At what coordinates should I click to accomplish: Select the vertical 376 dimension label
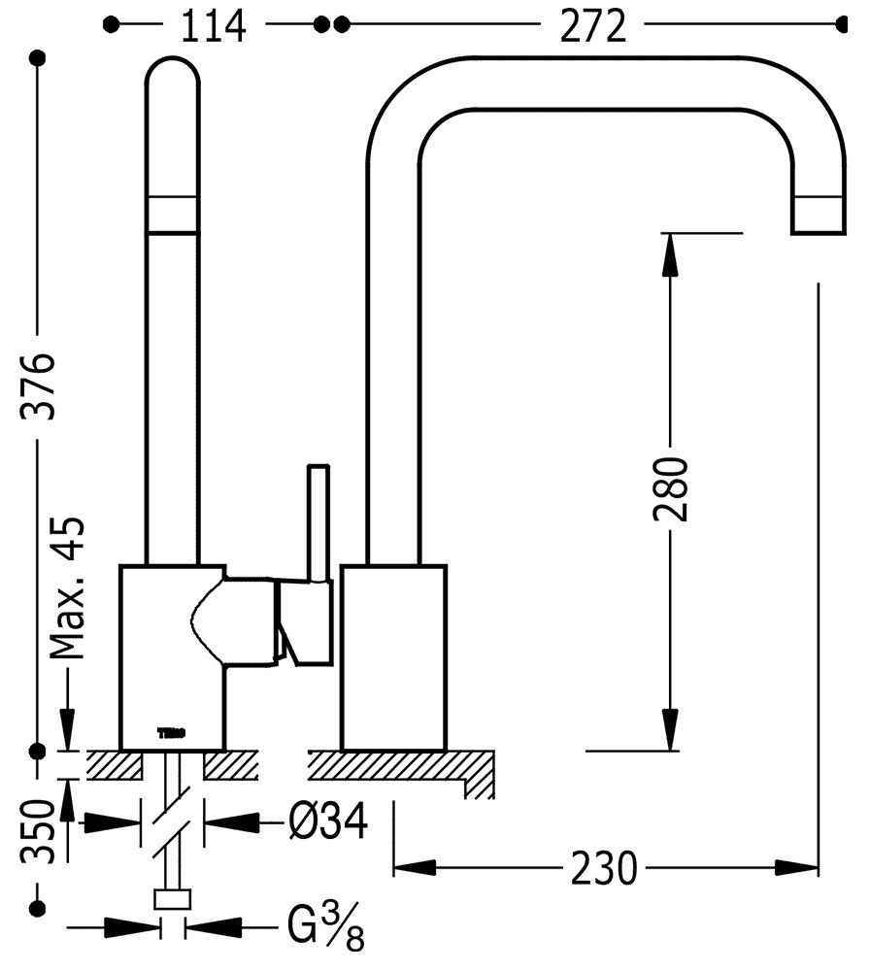(40, 385)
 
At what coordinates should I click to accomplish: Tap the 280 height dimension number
(671, 487)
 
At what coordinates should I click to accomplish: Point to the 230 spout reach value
(605, 867)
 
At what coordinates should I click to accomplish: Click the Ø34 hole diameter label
(328, 823)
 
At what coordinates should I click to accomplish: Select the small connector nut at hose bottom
(173, 901)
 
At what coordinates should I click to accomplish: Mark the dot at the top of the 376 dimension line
(40, 58)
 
